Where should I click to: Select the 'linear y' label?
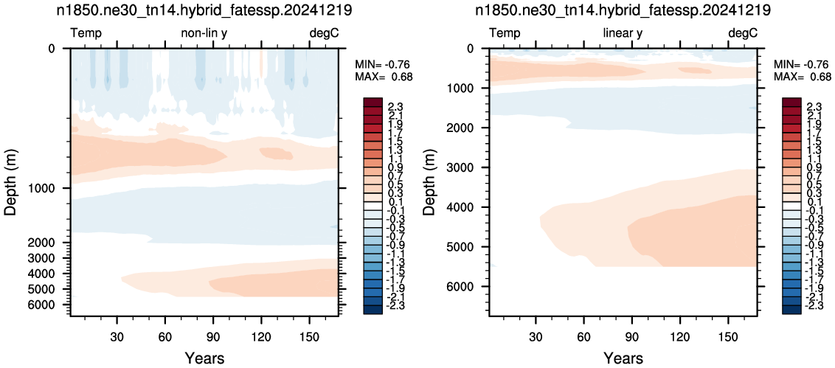tap(623, 34)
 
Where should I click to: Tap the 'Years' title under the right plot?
tap(623, 358)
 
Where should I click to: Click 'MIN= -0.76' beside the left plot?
tap(384, 65)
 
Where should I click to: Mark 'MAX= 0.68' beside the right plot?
tap(803, 77)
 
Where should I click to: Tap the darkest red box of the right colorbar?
tap(793, 101)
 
